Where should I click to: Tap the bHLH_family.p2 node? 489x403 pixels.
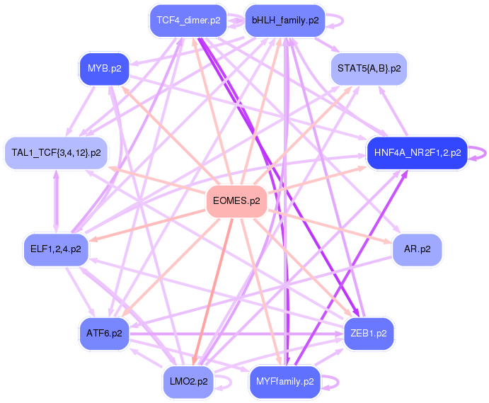pyautogui.click(x=284, y=20)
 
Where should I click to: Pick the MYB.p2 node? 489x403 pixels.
pyautogui.click(x=103, y=69)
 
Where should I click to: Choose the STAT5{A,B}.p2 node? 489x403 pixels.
pyautogui.click(x=369, y=69)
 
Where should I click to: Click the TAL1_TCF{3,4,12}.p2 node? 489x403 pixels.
pyautogui.click(x=56, y=152)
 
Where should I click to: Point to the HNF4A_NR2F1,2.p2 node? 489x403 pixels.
pyautogui.click(x=418, y=152)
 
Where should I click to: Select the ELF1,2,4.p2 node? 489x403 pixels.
pyautogui.click(x=56, y=249)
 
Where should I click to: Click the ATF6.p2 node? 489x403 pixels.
pyautogui.click(x=103, y=333)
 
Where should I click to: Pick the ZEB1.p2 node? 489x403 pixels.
pyautogui.click(x=369, y=333)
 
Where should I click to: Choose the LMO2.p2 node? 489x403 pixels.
pyautogui.click(x=188, y=381)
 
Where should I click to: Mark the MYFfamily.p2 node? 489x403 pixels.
pyautogui.click(x=284, y=381)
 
